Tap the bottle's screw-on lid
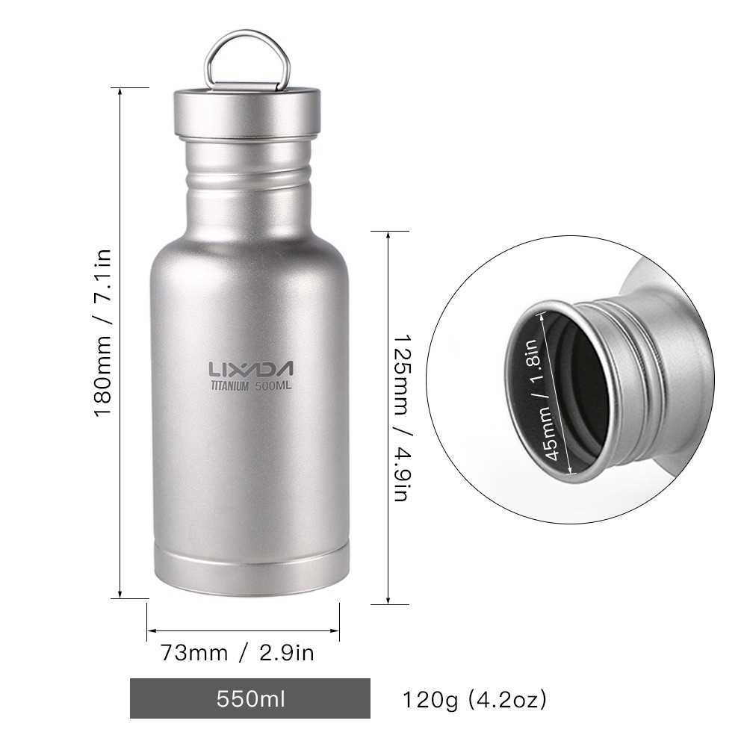[x=247, y=114]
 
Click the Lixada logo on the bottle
[x=250, y=369]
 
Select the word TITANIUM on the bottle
[x=229, y=386]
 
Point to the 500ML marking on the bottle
[x=273, y=385]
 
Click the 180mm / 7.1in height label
[x=103, y=333]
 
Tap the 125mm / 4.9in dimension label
[x=401, y=418]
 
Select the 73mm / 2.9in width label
[x=238, y=653]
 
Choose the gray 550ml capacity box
[x=250, y=698]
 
